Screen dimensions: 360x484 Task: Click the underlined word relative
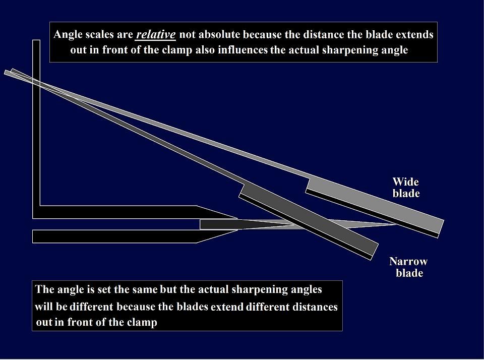click(x=156, y=35)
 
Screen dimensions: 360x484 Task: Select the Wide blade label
click(x=406, y=187)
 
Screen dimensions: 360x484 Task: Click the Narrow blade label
click(x=408, y=267)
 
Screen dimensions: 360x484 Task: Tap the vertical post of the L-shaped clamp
click(x=36, y=126)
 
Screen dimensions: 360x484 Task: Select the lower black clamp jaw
click(x=116, y=236)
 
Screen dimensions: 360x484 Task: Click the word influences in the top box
click(x=243, y=51)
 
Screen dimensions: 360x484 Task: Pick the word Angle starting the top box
click(x=68, y=35)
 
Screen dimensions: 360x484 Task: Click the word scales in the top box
click(x=103, y=35)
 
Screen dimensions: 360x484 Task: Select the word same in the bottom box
click(x=145, y=290)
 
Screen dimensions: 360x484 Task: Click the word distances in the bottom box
click(x=315, y=307)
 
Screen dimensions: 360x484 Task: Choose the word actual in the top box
click(x=306, y=51)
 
